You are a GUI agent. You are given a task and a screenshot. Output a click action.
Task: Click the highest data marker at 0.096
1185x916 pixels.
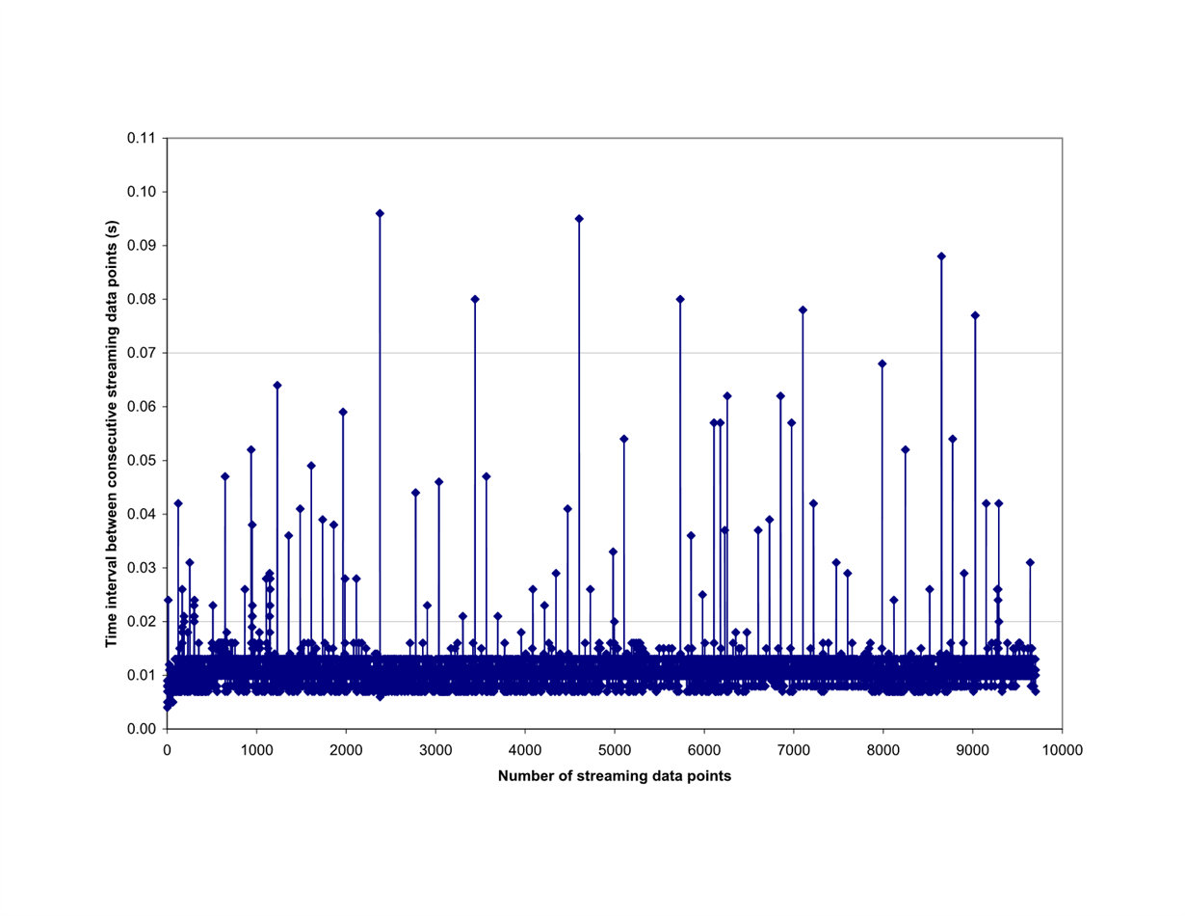[380, 213]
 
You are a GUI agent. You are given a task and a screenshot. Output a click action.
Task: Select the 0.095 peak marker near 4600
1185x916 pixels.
[579, 219]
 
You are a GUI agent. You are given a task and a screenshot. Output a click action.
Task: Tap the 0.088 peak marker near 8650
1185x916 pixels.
[941, 256]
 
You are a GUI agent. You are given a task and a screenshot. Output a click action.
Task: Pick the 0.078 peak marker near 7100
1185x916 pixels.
[803, 310]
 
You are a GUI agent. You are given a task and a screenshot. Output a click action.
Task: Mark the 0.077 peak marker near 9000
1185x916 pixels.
[975, 315]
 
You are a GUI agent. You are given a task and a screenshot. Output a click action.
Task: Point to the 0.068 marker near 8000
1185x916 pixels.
[882, 364]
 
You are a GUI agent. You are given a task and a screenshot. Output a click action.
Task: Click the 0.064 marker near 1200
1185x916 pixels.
[277, 385]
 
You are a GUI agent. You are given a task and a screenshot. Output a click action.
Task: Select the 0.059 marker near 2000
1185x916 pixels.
[343, 412]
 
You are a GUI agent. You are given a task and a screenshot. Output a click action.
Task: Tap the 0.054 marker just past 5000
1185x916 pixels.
[623, 439]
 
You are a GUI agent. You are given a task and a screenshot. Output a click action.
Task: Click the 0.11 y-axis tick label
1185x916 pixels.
[143, 138]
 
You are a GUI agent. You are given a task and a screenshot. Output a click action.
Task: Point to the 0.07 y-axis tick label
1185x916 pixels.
[143, 353]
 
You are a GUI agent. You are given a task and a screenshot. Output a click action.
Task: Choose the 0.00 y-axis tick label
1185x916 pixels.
[143, 729]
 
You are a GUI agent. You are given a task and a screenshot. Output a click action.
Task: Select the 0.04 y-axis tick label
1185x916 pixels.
[143, 514]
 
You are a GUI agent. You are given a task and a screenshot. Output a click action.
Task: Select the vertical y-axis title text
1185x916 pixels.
[113, 433]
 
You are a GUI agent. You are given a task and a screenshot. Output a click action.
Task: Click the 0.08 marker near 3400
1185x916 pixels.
[475, 299]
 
